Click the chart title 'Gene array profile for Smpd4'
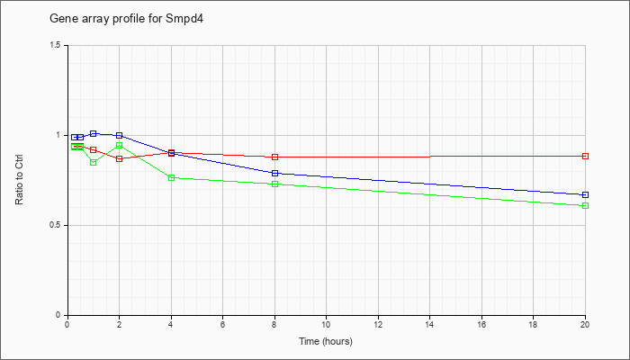click(127, 19)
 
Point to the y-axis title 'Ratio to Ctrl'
click(19, 180)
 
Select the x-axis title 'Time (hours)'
click(326, 341)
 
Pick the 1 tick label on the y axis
click(59, 135)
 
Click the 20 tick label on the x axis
click(585, 323)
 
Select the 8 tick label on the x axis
click(274, 323)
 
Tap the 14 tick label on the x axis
click(430, 323)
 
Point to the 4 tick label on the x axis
click(171, 323)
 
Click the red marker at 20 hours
click(585, 156)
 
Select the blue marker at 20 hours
click(585, 195)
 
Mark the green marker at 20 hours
click(585, 206)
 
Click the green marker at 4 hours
click(172, 177)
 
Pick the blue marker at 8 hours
click(274, 173)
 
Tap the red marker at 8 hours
click(274, 157)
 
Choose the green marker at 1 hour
click(94, 162)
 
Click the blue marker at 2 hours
click(120, 135)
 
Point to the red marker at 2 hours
click(120, 158)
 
